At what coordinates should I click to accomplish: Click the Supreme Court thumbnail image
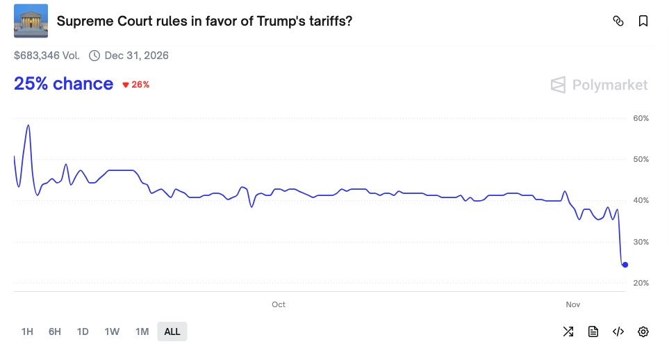coord(31,21)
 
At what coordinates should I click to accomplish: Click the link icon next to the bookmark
coord(618,22)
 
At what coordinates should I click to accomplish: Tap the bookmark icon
coord(643,22)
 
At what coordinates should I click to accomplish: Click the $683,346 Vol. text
coord(47,56)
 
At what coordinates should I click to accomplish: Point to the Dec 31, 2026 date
coord(136,56)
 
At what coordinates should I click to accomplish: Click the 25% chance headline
coord(63,84)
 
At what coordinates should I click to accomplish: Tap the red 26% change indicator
coord(136,85)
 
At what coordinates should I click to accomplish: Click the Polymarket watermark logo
coord(599,85)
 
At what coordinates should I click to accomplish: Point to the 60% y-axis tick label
coord(641,119)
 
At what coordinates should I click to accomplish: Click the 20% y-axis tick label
coord(641,284)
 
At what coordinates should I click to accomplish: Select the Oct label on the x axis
coord(279,305)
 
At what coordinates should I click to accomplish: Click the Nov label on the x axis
coord(573,305)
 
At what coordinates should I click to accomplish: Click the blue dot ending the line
coord(625,265)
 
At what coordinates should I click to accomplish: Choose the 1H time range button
coord(27,332)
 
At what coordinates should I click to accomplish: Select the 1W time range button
coord(112,332)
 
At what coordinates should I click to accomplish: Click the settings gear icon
coord(643,332)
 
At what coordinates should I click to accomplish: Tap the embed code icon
coord(618,332)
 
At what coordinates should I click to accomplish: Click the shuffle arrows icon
coord(568,332)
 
